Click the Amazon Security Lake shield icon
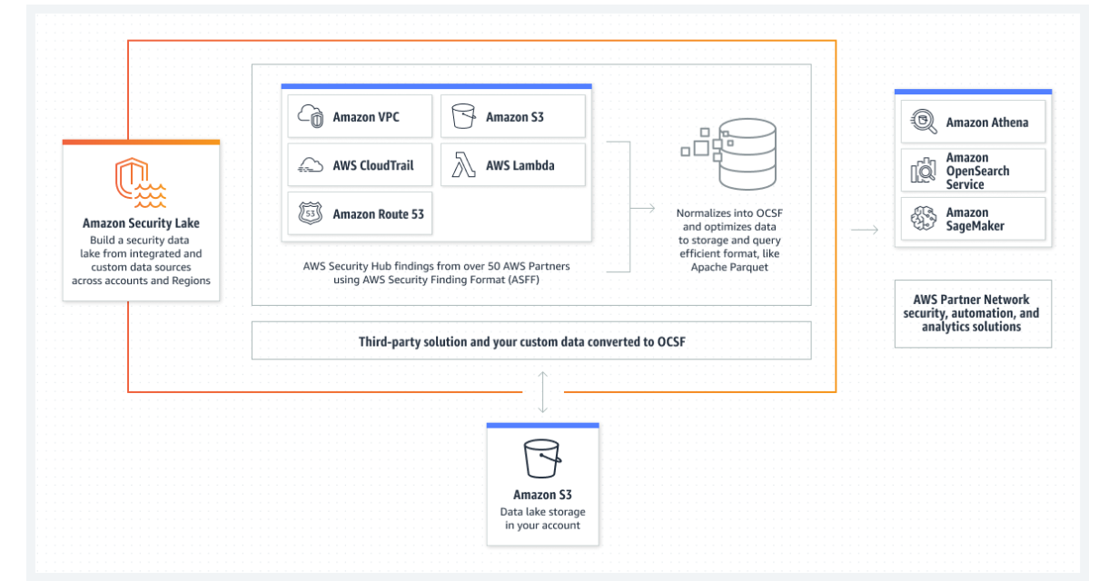141,182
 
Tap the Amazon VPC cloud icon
311,116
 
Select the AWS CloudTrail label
372,165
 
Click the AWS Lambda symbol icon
463,165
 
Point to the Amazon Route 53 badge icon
311,213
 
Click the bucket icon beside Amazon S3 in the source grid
463,116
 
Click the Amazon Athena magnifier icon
924,122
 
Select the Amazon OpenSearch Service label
977,171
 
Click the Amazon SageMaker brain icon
924,218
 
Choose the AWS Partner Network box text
971,313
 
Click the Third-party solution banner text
522,341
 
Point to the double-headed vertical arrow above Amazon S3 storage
542,392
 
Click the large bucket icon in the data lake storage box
542,458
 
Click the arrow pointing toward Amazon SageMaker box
865,230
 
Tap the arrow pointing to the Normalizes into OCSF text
642,209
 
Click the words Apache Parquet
729,267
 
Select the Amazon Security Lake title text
141,223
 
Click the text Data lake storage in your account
542,518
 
